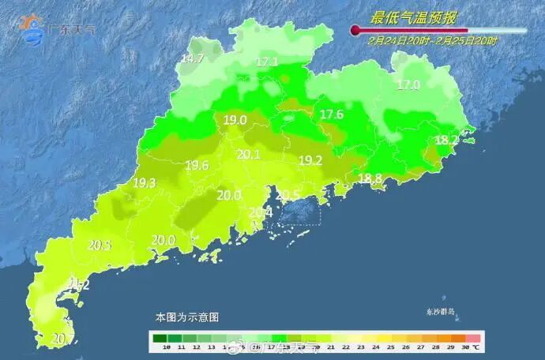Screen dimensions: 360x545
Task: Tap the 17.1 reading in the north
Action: [267, 62]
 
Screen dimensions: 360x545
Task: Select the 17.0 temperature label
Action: [408, 85]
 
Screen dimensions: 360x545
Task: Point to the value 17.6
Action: [332, 114]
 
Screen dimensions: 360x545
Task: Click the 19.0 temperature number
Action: [235, 120]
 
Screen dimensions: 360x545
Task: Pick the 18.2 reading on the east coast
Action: [447, 140]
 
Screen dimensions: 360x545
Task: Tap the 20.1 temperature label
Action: [249, 155]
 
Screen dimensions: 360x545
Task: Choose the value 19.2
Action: [310, 160]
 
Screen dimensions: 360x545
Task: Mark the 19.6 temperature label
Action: [197, 165]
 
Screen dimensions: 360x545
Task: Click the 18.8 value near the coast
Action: [370, 178]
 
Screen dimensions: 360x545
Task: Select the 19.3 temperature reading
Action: [144, 182]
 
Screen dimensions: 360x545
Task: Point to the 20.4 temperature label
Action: [261, 212]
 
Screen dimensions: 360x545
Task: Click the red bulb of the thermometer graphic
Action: [355, 31]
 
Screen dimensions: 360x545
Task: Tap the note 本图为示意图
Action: [186, 317]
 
